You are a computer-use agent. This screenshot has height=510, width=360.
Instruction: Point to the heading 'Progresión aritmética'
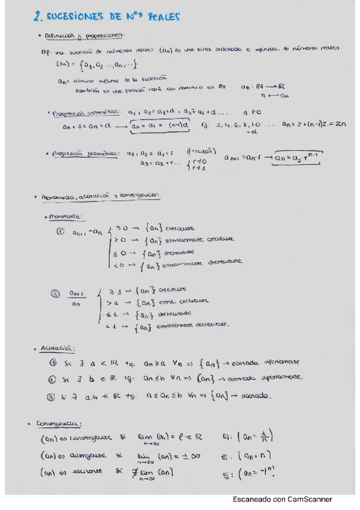88,112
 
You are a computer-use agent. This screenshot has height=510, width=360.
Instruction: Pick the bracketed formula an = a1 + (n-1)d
158,126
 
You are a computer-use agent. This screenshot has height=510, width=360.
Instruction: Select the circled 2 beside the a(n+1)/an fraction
55,294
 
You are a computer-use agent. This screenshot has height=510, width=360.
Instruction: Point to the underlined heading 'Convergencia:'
61,423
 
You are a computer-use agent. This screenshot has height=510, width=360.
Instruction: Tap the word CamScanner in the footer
307,499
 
